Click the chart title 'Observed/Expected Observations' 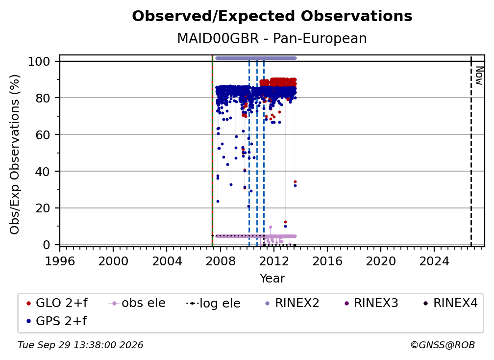272,16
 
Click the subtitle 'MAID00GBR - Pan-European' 272,38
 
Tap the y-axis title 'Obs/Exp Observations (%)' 15,154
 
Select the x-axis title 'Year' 272,278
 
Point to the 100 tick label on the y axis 39,61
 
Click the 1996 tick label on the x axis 60,261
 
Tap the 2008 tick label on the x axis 220,261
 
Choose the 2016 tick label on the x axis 327,261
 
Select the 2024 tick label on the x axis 434,261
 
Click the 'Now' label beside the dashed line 479,76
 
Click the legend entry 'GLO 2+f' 57,303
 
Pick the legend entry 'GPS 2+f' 56,321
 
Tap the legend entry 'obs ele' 137,303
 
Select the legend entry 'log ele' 213,303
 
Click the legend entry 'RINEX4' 450,303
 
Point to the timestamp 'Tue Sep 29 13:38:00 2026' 80,345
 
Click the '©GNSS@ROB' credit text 443,345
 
